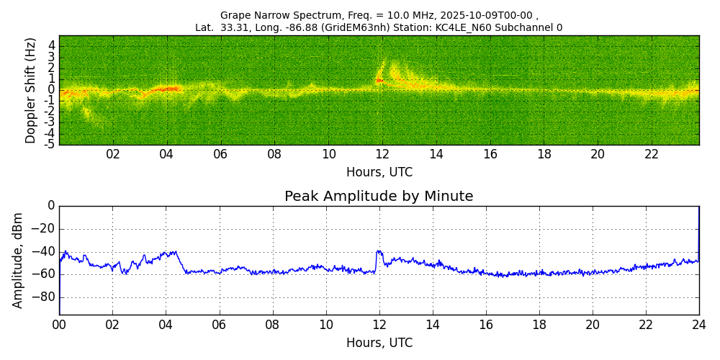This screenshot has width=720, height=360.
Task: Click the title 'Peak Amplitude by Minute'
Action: click(x=379, y=197)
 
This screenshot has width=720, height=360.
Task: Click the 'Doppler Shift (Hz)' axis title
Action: click(x=31, y=91)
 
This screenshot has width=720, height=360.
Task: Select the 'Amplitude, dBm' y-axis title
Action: click(x=18, y=260)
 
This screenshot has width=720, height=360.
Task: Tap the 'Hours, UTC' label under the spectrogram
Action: click(x=379, y=173)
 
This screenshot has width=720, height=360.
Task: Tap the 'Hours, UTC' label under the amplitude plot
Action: click(x=379, y=343)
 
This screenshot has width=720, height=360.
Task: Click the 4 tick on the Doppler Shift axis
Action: click(x=52, y=45)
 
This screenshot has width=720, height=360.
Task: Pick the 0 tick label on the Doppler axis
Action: click(x=52, y=90)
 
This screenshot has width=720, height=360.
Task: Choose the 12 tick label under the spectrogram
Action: click(x=382, y=155)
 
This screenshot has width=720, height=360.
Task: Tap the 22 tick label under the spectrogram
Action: click(x=652, y=155)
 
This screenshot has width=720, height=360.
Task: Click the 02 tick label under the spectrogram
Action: click(x=113, y=155)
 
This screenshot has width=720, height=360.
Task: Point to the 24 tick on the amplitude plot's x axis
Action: click(x=698, y=325)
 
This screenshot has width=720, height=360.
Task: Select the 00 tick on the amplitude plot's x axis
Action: click(x=59, y=325)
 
